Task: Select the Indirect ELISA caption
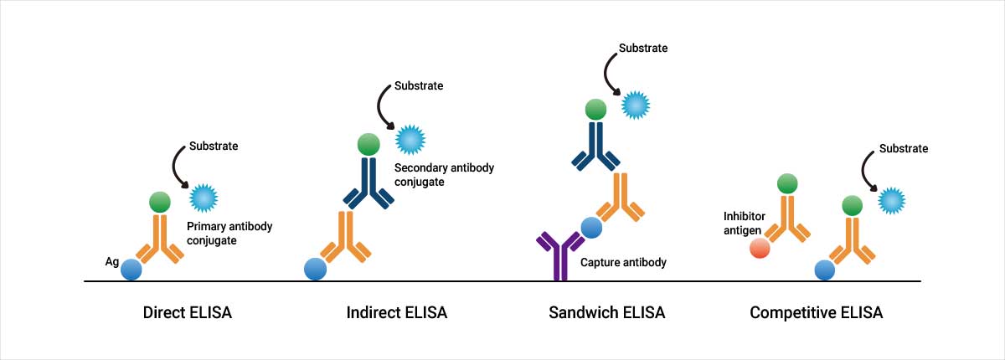click(396, 313)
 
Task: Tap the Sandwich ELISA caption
click(606, 313)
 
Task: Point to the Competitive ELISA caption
click(816, 313)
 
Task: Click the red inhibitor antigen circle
click(760, 249)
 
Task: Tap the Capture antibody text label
click(623, 262)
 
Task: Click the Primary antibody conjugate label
click(229, 234)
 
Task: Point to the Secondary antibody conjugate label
click(444, 175)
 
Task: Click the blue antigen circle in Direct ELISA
click(131, 269)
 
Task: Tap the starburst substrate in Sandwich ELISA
click(636, 105)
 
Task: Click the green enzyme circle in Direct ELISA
click(160, 201)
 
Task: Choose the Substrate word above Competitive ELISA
click(904, 148)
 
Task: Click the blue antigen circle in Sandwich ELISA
click(592, 228)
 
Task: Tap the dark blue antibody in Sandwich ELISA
click(596, 144)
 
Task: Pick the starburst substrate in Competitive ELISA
click(892, 200)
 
